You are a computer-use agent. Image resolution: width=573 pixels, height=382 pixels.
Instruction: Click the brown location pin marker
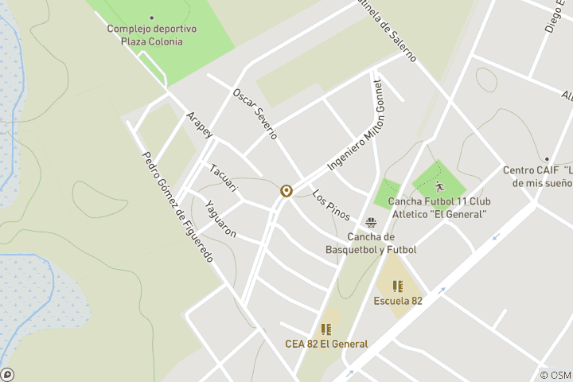pyautogui.click(x=286, y=191)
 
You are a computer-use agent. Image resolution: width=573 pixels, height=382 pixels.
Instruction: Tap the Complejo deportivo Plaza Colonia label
pyautogui.click(x=152, y=35)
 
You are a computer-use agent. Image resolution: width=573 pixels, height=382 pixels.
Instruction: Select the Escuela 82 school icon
pyautogui.click(x=398, y=286)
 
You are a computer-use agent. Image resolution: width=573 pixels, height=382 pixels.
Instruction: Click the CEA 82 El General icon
pyautogui.click(x=325, y=329)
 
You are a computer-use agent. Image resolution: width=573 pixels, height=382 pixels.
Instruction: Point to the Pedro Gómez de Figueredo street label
pyautogui.click(x=177, y=207)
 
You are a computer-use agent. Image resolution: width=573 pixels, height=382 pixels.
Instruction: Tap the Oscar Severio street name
pyautogui.click(x=254, y=114)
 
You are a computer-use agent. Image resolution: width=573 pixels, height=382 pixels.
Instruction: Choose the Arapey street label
pyautogui.click(x=199, y=126)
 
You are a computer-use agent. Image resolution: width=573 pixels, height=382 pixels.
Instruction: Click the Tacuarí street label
pyautogui.click(x=224, y=177)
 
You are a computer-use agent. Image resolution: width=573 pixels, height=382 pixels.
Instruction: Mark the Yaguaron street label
pyautogui.click(x=220, y=218)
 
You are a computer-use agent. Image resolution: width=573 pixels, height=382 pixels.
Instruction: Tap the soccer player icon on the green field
pyautogui.click(x=440, y=187)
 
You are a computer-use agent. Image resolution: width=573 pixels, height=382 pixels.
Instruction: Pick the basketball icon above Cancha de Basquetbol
pyautogui.click(x=371, y=223)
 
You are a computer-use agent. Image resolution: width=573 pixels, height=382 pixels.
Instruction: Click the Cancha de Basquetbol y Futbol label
pyautogui.click(x=371, y=244)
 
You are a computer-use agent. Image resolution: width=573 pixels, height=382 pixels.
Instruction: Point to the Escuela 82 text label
pyautogui.click(x=398, y=301)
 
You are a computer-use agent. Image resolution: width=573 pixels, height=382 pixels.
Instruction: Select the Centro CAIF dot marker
pyautogui.click(x=547, y=159)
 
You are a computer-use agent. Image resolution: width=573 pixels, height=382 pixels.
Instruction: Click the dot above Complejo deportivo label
pyautogui.click(x=152, y=18)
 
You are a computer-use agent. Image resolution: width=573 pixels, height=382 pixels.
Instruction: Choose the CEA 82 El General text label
pyautogui.click(x=326, y=344)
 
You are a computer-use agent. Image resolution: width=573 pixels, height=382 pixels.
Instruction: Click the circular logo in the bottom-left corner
pyautogui.click(x=7, y=374)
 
